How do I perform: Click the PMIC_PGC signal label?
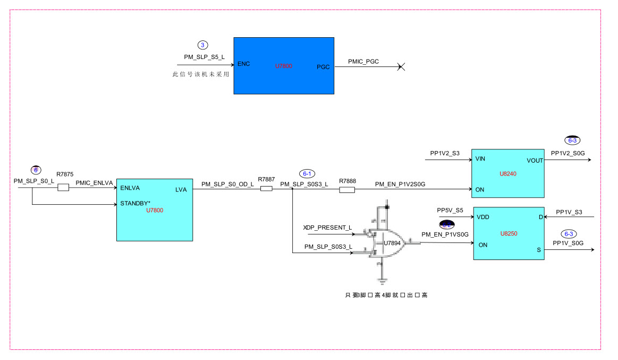coord(363,62)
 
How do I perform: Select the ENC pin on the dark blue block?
coord(244,64)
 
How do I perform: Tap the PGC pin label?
coord(323,67)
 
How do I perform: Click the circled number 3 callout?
coord(202,45)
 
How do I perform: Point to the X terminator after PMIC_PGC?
coord(402,67)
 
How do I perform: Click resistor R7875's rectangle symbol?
coord(63,188)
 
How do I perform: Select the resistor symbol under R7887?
coord(266,188)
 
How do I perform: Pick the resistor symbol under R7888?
coord(346,189)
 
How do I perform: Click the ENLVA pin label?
coord(130,188)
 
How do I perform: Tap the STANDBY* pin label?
coord(136,203)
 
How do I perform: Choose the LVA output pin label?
coord(181,189)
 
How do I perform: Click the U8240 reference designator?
coord(508,174)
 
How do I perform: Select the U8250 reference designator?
coord(509,233)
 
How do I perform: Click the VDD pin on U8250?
coord(483,217)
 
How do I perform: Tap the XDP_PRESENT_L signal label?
coord(327,228)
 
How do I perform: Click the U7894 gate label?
coord(392,243)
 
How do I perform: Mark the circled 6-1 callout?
coord(307,173)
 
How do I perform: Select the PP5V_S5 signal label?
coord(450,210)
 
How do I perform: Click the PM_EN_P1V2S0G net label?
coord(400,184)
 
